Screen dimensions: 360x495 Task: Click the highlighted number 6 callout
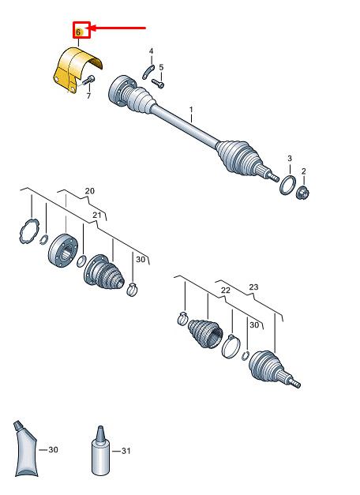coord(78,32)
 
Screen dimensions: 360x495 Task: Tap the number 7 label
coord(88,96)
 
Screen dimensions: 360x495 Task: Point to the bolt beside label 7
coord(88,81)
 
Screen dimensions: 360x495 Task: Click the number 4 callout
coord(152,51)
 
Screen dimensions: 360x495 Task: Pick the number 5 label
coord(161,67)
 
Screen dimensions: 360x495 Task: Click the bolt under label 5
coord(158,84)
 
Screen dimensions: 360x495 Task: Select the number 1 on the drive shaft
coord(191,110)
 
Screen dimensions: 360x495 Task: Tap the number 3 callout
coord(290,159)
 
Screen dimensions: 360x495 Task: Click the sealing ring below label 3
coord(287,186)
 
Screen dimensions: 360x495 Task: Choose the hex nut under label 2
coord(304,192)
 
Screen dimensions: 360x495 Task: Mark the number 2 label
coord(303,171)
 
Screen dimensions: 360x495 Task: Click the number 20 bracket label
coord(90,191)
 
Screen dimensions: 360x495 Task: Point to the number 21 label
coord(97,215)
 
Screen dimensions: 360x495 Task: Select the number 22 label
coord(226,290)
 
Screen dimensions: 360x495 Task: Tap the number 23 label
coord(253,287)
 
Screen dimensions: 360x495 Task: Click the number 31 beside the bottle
coord(126,451)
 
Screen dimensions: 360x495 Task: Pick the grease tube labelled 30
coord(26,449)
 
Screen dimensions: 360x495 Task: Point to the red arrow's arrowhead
coord(88,28)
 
